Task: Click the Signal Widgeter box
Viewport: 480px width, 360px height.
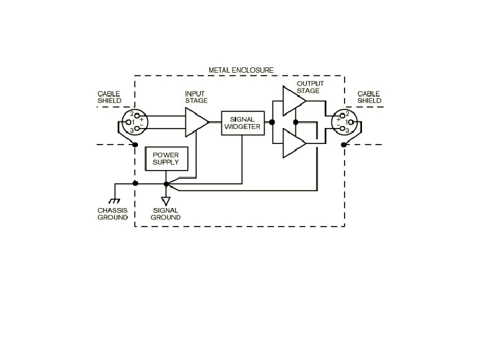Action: [242, 123]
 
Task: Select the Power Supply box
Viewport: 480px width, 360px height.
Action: [167, 159]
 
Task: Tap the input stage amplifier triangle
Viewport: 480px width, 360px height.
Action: [195, 122]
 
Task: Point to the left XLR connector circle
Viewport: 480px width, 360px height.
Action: [133, 122]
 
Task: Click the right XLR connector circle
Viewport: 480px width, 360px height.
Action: [345, 122]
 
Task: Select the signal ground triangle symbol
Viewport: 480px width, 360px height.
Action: [166, 199]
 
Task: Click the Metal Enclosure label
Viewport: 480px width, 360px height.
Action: [241, 70]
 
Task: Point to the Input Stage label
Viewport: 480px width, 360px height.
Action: [196, 97]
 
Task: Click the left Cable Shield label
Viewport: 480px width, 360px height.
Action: [109, 97]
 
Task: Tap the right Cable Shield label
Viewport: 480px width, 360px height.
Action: [369, 97]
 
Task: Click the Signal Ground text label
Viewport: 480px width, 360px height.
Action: [165, 214]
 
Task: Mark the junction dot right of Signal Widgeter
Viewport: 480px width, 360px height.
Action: [272, 123]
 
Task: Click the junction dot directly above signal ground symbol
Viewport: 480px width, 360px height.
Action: [166, 183]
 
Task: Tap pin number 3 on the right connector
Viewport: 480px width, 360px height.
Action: [347, 131]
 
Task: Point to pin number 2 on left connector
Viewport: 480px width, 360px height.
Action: [132, 113]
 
